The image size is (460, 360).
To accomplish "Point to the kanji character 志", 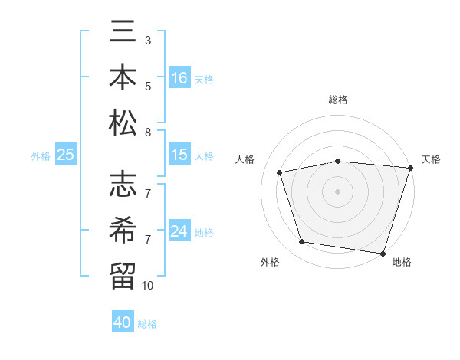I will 123,185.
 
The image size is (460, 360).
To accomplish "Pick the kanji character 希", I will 123,229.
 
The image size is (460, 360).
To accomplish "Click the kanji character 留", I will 123,273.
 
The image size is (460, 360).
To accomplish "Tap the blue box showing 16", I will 179,77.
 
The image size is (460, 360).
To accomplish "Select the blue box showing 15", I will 179,155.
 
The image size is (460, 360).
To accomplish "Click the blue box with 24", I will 179,231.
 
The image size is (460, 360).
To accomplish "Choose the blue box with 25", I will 66,155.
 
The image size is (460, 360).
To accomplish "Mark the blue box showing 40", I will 123,322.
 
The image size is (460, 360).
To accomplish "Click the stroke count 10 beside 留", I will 148,286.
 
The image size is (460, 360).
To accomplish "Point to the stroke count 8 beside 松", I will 148,133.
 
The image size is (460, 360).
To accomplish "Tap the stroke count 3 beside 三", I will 148,40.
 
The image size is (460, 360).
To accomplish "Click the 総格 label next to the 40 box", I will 147,324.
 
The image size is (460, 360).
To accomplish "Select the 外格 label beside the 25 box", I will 41,156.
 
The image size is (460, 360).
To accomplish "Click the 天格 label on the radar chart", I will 431,159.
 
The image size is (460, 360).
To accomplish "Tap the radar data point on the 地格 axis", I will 383,253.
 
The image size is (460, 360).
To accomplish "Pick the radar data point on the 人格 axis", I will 280,172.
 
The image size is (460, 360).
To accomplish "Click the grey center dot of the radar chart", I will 337,191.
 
